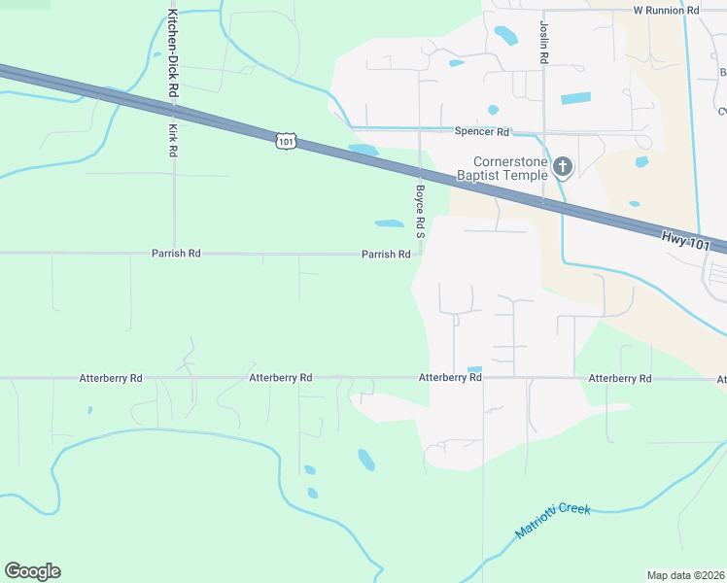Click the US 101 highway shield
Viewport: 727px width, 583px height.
284,142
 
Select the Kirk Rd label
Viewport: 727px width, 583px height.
173,140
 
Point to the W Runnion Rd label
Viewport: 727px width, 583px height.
666,10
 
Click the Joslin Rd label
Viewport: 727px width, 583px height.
544,43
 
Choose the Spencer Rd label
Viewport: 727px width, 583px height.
482,131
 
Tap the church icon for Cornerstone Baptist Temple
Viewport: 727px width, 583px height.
561,169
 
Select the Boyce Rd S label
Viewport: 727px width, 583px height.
421,212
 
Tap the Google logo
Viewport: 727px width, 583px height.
32,571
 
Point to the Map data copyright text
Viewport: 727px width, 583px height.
685,574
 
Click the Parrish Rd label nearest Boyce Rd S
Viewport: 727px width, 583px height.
386,254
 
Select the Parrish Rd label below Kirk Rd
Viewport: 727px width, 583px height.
176,253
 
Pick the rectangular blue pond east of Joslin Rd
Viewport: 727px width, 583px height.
575,98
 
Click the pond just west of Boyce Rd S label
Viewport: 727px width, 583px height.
389,223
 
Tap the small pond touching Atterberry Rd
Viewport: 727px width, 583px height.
474,369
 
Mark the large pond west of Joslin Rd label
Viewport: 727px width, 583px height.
505,36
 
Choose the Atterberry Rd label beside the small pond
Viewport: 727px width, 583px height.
450,377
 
